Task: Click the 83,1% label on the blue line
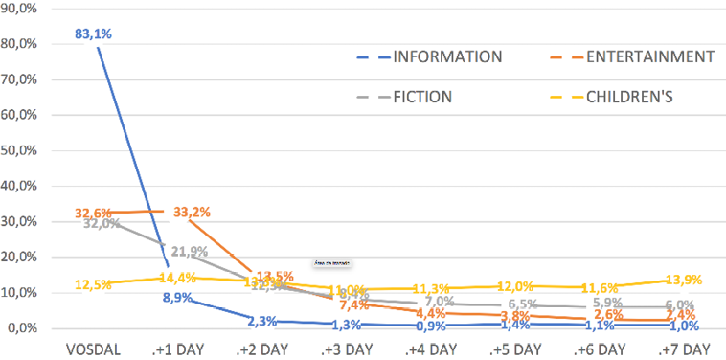point(94,34)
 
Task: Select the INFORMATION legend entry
point(446,56)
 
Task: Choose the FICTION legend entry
point(421,96)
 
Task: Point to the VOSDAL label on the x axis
point(94,348)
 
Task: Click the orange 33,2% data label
point(192,213)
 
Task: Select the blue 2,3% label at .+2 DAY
point(261,321)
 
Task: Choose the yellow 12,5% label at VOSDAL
point(93,284)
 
